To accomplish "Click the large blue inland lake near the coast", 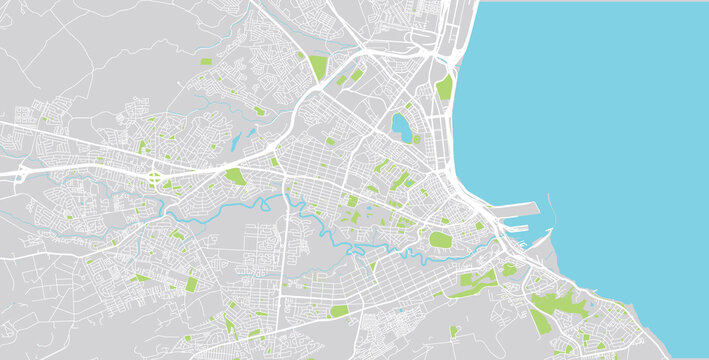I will pos(401,126).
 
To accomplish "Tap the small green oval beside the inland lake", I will pos(416,140).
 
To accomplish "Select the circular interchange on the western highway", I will pos(155,178).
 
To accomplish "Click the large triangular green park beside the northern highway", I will pos(318,67).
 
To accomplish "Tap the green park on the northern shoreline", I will pos(444,88).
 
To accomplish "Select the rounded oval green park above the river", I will pos(440,239).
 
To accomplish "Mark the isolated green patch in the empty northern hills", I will pos(206,62).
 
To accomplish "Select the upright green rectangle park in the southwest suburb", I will pos(190,284).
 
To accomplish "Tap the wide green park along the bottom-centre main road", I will pos(339,311).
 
